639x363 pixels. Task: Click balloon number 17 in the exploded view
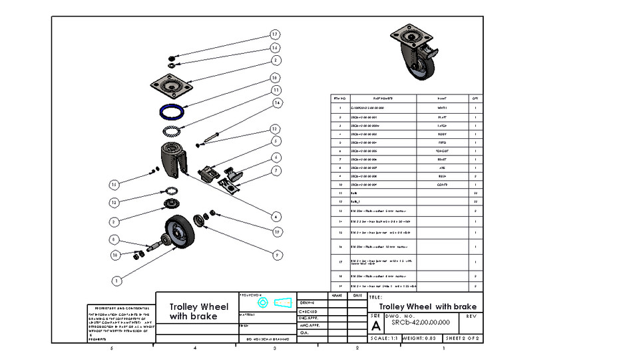coord(274,35)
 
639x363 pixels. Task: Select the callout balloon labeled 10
coord(274,77)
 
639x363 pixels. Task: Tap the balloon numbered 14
coord(277,102)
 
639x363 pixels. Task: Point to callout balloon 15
coord(114,184)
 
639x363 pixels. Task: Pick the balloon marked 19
coord(277,231)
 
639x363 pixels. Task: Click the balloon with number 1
coord(116,281)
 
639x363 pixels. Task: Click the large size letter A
coord(376,326)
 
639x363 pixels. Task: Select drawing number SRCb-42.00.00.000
coord(421,322)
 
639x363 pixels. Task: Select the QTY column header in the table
coord(475,98)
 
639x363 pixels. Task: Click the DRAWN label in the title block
coord(308,302)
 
